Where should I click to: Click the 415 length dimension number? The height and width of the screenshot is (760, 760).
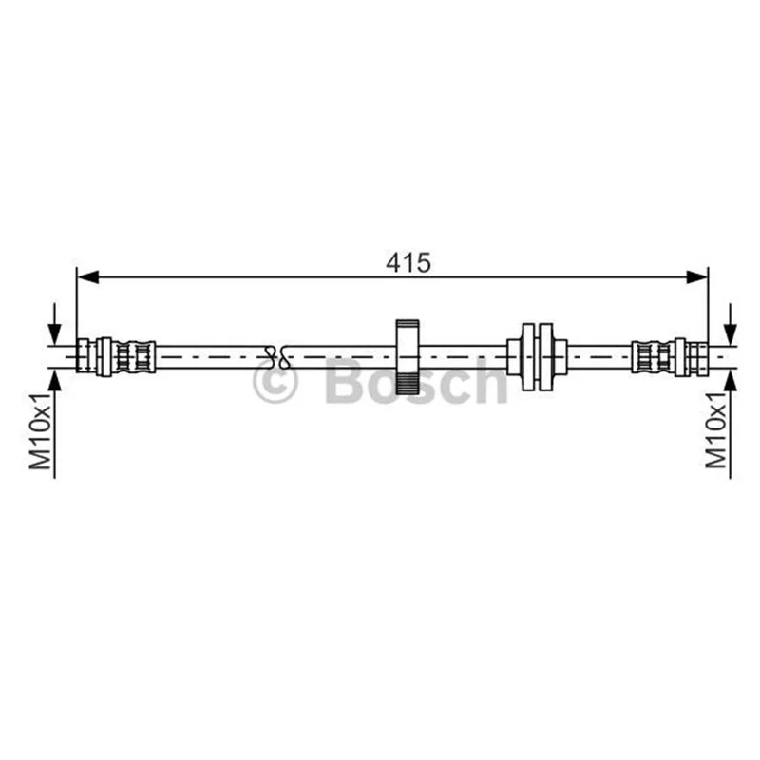(408, 263)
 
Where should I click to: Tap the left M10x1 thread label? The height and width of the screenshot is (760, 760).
(40, 431)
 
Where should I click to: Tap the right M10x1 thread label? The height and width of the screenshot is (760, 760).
(716, 430)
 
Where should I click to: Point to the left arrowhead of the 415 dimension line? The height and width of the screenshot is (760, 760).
(88, 277)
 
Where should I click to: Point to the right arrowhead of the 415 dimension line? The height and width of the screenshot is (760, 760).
(697, 277)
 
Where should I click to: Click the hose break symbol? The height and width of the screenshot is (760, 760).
(277, 357)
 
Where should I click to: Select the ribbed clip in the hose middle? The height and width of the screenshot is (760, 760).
(408, 357)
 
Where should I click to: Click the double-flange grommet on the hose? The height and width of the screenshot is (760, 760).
(537, 357)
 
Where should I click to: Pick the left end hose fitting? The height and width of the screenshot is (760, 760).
(116, 357)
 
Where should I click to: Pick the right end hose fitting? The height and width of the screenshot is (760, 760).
(670, 357)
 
